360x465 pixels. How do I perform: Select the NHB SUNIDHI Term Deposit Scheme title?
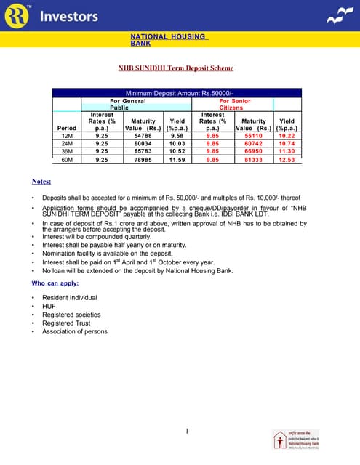point(176,68)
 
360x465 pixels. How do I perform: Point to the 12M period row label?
point(68,136)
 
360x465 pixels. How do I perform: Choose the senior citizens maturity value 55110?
point(253,136)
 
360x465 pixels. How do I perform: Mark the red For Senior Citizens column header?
point(235,104)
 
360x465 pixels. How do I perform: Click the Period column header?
point(66,128)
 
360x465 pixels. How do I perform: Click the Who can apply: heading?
point(55,283)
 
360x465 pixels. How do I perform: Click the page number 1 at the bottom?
point(187,432)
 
